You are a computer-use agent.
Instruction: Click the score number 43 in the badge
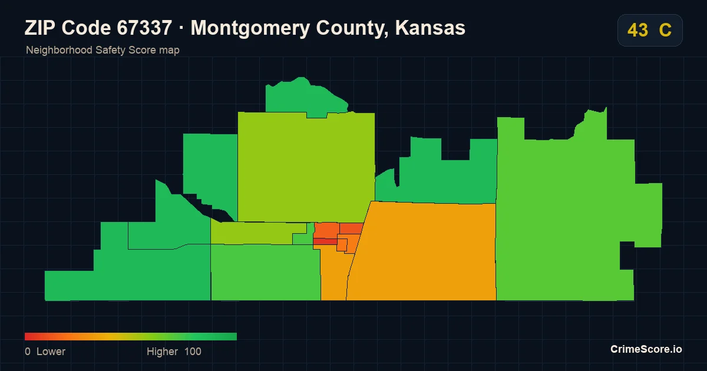click(637, 30)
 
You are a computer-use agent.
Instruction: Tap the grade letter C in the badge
click(665, 30)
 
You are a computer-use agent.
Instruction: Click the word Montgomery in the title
click(250, 28)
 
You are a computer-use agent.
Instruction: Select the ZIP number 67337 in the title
click(144, 28)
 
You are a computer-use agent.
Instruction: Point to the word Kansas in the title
click(430, 28)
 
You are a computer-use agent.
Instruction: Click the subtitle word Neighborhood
click(59, 50)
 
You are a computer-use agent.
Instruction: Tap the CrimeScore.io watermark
click(646, 349)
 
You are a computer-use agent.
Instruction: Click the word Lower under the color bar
click(51, 352)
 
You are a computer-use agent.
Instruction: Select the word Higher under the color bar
click(162, 352)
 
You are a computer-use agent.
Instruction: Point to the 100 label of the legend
click(193, 352)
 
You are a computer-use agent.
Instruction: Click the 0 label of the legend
click(28, 352)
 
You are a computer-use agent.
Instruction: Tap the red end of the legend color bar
click(26, 336)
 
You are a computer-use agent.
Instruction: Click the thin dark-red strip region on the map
click(325, 241)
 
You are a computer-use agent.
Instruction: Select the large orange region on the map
click(423, 253)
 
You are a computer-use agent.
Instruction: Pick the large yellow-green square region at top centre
click(306, 167)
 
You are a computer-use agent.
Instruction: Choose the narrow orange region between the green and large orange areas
click(334, 274)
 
